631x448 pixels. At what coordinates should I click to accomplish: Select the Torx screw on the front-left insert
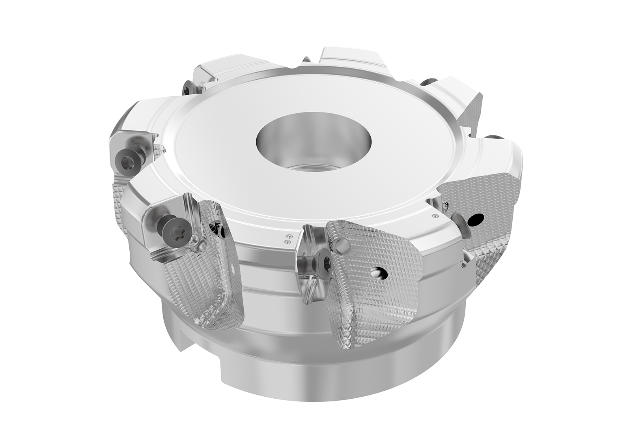click(x=174, y=228)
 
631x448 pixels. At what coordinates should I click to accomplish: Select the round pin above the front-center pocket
click(x=344, y=247)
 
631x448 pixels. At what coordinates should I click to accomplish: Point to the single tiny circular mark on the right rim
click(x=435, y=216)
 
